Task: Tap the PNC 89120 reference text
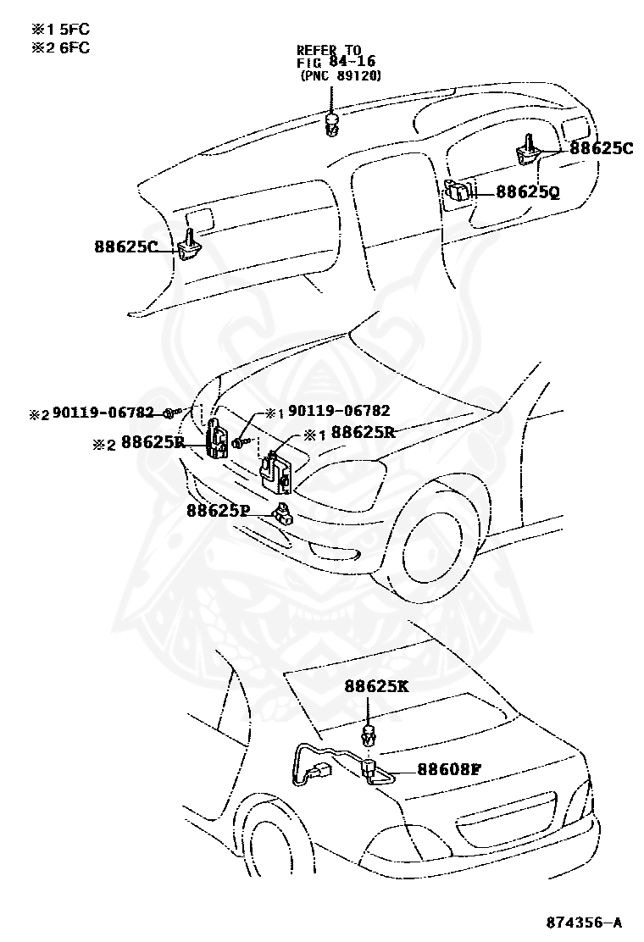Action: tap(340, 75)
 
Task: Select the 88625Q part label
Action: tap(527, 192)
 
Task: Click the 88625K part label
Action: tap(376, 687)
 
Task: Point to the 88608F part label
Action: tap(448, 770)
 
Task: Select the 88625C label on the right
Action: tap(601, 148)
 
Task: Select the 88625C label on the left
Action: tap(126, 247)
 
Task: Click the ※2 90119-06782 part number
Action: tap(93, 413)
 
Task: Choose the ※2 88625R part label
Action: tap(142, 441)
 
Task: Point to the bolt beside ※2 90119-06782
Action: tap(171, 413)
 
